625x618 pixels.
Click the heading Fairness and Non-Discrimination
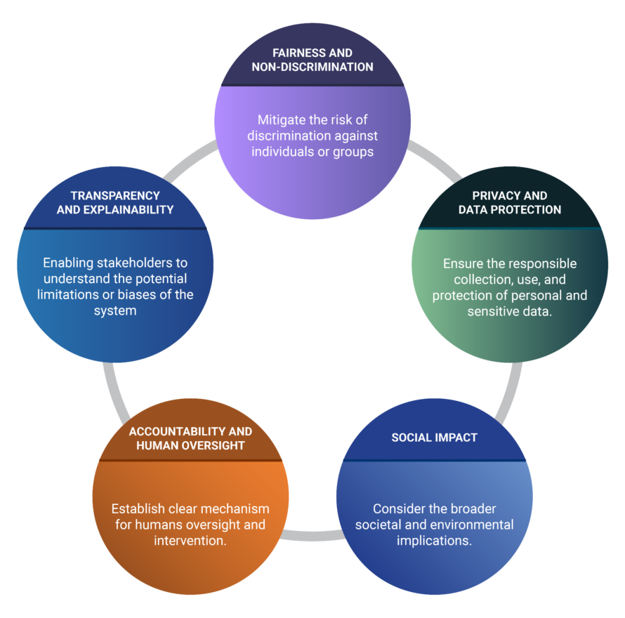click(x=312, y=60)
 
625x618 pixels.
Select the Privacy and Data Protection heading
click(x=509, y=202)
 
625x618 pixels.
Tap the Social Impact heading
click(x=434, y=438)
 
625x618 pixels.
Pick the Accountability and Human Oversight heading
click(x=190, y=438)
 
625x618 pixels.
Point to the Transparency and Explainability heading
click(x=115, y=202)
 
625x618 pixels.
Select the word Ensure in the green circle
click(x=463, y=264)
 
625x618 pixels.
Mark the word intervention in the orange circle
click(x=190, y=541)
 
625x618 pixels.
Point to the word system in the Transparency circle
click(x=115, y=310)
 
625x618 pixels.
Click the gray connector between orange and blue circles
click(x=312, y=536)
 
